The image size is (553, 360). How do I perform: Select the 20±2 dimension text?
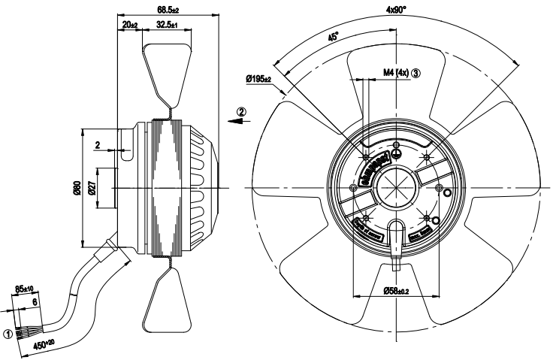coord(128,25)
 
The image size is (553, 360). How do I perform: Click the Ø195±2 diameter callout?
coord(261,79)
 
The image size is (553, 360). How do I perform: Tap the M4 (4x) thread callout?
coord(395,73)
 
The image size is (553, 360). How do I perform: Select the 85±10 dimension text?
coord(25,288)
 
